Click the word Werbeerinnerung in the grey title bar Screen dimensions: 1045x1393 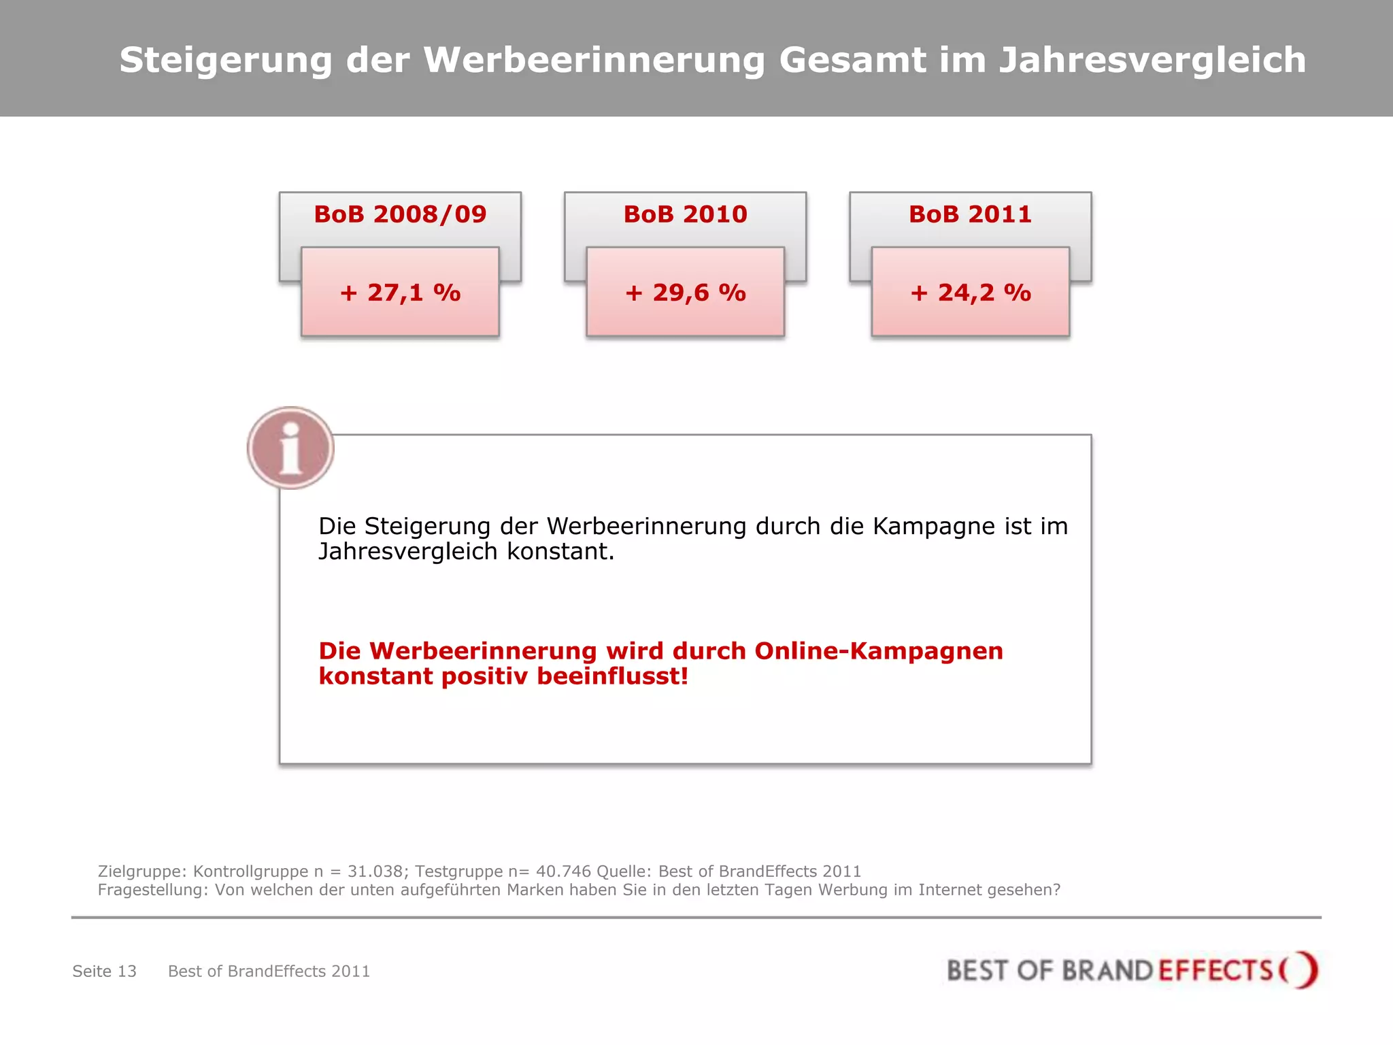coord(594,60)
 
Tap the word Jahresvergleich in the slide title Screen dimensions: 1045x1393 coord(1152,61)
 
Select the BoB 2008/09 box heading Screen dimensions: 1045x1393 coord(400,214)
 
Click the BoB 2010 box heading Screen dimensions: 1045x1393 coord(685,214)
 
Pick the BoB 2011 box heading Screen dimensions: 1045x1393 coord(970,214)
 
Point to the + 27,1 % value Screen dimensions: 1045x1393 coord(400,293)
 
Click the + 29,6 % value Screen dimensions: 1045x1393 coord(685,293)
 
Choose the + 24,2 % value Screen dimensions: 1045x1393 coord(970,293)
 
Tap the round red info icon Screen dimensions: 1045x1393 coord(290,448)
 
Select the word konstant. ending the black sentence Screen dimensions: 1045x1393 coord(560,552)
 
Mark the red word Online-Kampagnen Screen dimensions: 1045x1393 coord(878,651)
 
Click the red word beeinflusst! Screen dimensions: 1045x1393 coord(612,676)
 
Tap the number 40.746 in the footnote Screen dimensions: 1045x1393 coord(563,872)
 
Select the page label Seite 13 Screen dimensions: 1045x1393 coord(104,972)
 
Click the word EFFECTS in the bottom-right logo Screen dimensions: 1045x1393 coord(1215,971)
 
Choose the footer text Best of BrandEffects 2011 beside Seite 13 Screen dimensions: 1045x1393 coord(269,972)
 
